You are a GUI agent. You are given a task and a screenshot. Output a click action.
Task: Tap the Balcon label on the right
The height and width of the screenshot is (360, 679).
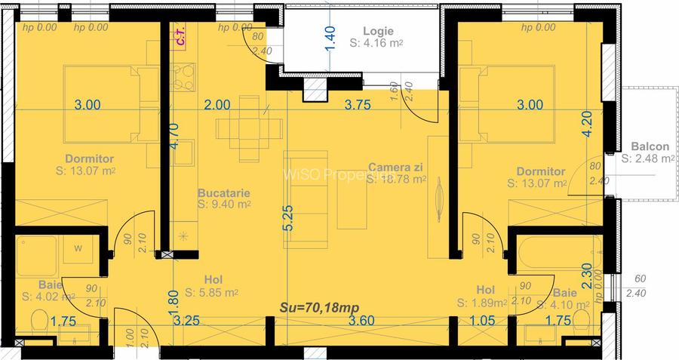(650, 146)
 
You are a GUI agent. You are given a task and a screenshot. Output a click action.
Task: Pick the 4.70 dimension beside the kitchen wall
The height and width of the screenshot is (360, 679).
(174, 137)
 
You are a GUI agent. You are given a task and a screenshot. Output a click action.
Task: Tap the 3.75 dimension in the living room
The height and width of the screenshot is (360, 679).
(357, 106)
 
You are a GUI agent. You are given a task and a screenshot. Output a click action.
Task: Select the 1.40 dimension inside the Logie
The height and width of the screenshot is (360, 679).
(329, 38)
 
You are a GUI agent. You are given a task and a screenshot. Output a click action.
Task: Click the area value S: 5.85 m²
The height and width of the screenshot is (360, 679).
(212, 293)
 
